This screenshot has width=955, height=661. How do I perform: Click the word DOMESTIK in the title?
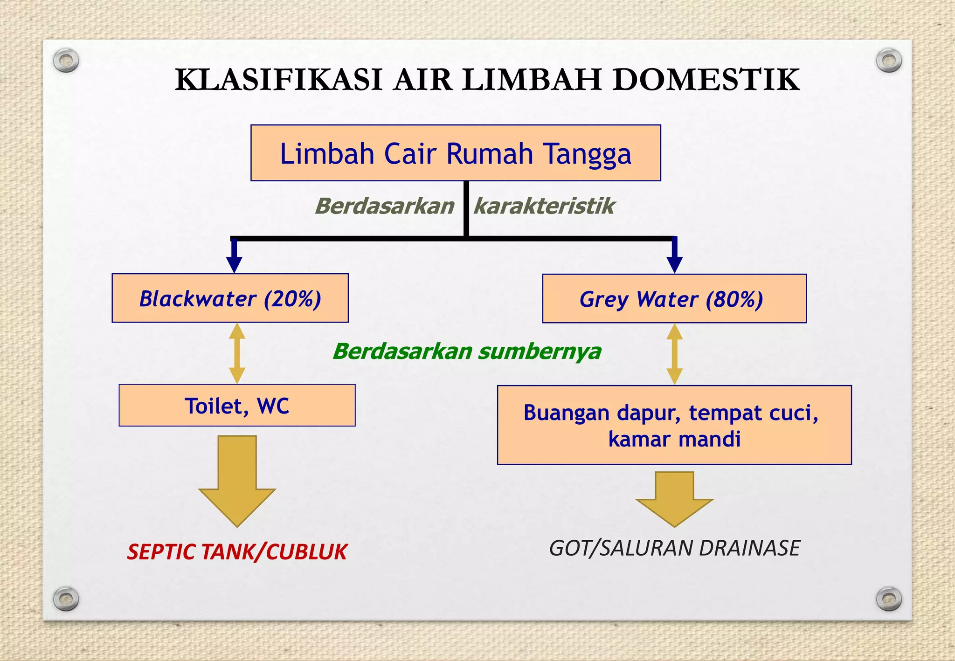[x=706, y=80]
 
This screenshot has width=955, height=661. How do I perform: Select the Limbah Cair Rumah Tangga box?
[x=456, y=153]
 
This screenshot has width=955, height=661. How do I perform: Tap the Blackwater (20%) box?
[x=230, y=298]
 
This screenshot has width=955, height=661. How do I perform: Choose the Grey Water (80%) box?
[x=674, y=299]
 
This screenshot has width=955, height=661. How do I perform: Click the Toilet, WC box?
[x=237, y=406]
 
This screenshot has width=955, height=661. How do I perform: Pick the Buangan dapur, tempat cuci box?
[x=674, y=425]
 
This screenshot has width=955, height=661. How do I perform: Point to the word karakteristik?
[x=544, y=206]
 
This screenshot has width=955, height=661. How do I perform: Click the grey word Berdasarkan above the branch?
[x=385, y=206]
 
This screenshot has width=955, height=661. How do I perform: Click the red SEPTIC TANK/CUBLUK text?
[x=237, y=552]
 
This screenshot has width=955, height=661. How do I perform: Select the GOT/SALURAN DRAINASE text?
[x=674, y=548]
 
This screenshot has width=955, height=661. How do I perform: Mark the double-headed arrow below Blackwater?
[x=237, y=353]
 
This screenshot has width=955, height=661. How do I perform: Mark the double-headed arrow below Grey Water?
[x=674, y=354]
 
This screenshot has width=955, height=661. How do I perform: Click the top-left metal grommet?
[x=66, y=61]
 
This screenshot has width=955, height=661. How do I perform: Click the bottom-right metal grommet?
[x=889, y=599]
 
